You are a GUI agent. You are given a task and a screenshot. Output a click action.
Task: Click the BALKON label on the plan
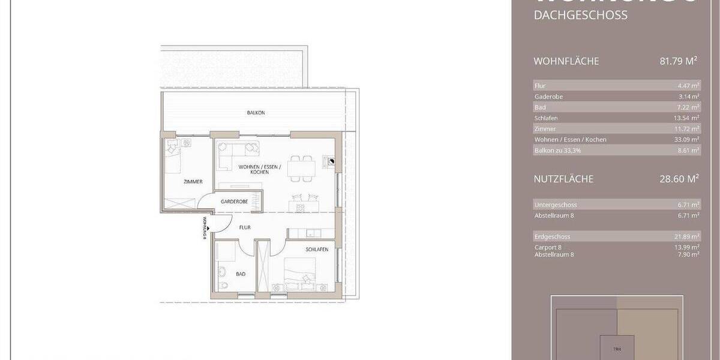pyautogui.click(x=256, y=113)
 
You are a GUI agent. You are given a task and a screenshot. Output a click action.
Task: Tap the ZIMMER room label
pyautogui.click(x=193, y=182)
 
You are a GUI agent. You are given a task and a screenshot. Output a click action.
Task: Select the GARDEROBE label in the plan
pyautogui.click(x=234, y=202)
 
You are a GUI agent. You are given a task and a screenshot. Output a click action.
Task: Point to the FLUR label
pyautogui.click(x=244, y=228)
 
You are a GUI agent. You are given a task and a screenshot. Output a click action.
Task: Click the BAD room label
pyautogui.click(x=241, y=274)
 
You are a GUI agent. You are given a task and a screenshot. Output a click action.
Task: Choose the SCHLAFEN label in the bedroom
pyautogui.click(x=317, y=250)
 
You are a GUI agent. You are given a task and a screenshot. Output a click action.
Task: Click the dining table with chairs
pyautogui.click(x=301, y=169)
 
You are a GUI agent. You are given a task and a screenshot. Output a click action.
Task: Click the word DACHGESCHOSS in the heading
pyautogui.click(x=580, y=16)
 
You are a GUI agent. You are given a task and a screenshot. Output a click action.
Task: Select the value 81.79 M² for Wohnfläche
pyautogui.click(x=677, y=61)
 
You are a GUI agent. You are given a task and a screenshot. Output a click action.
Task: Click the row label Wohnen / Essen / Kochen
pyautogui.click(x=570, y=140)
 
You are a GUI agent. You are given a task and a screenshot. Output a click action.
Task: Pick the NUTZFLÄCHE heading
pyautogui.click(x=563, y=179)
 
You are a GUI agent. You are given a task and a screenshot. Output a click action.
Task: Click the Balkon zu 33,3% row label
pyautogui.click(x=557, y=151)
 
